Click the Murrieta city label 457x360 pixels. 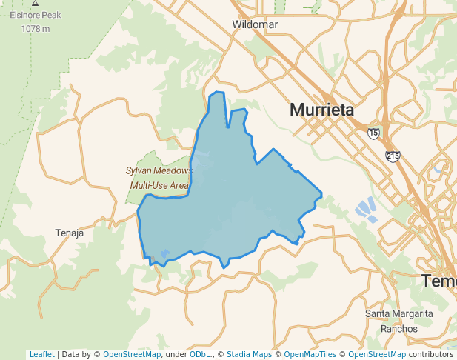pyautogui.click(x=321, y=110)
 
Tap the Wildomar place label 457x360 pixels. pyautogui.click(x=255, y=24)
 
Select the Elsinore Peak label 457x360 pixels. pyautogui.click(x=35, y=15)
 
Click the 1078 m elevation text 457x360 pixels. pyautogui.click(x=35, y=29)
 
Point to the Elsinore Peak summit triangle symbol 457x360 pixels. pyautogui.click(x=35, y=4)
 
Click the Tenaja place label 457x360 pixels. pyautogui.click(x=70, y=233)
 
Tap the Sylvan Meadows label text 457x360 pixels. pyautogui.click(x=158, y=170)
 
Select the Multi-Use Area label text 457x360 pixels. pyautogui.click(x=159, y=185)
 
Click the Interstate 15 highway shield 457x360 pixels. pyautogui.click(x=373, y=133)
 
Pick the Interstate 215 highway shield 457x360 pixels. pyautogui.click(x=393, y=156)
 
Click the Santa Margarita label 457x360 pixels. pyautogui.click(x=398, y=314)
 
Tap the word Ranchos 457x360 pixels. pyautogui.click(x=398, y=328)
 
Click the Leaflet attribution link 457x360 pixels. pyautogui.click(x=41, y=354)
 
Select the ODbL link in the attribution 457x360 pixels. pyautogui.click(x=201, y=354)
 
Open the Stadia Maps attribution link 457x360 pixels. pyautogui.click(x=249, y=354)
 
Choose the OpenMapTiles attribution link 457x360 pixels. pyautogui.click(x=310, y=354)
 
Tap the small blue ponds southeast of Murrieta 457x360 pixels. pyautogui.click(x=367, y=210)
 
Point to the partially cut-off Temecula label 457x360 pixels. pyautogui.click(x=439, y=281)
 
